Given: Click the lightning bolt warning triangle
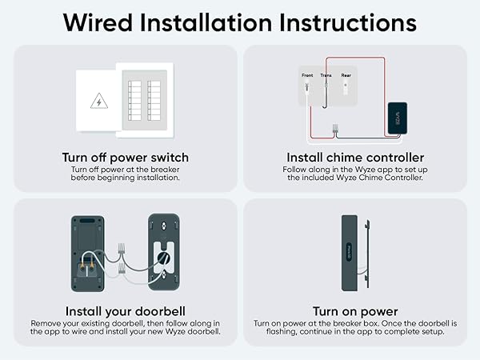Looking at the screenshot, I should pyautogui.click(x=98, y=102).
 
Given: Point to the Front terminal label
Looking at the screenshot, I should pyautogui.click(x=307, y=76).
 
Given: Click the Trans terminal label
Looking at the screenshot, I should pyautogui.click(x=326, y=76).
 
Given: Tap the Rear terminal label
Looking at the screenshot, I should pyautogui.click(x=346, y=76).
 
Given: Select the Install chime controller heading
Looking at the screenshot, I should pyautogui.click(x=354, y=157).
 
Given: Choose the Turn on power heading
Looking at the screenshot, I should pyautogui.click(x=354, y=311).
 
